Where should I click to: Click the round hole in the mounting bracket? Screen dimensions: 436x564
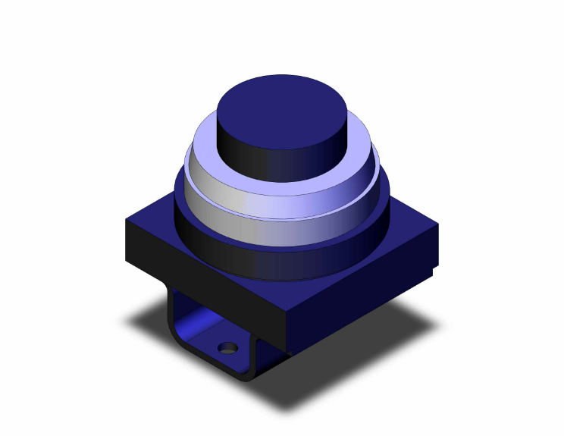click(x=225, y=349)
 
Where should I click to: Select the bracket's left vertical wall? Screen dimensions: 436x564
click(x=172, y=311)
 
